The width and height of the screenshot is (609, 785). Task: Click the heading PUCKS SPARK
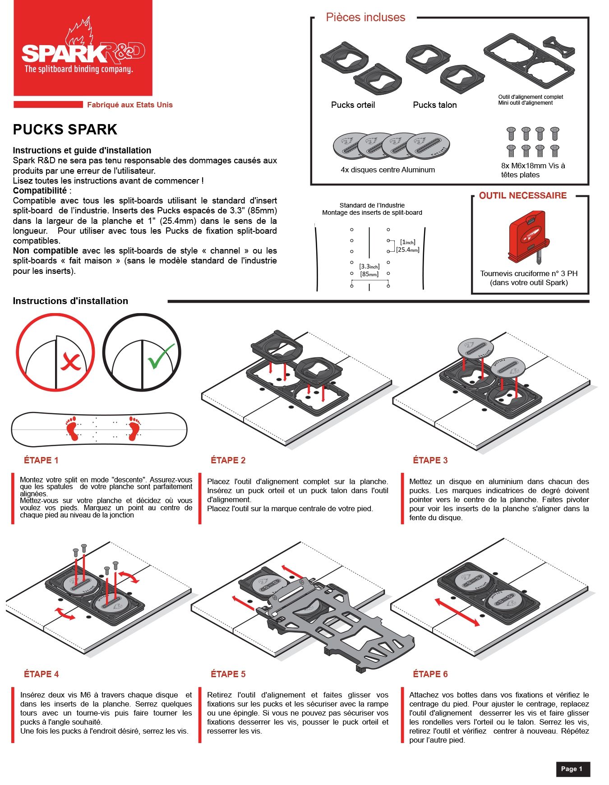pos(65,129)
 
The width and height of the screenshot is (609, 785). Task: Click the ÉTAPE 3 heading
pos(430,460)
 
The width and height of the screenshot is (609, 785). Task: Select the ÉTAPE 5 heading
pos(228,674)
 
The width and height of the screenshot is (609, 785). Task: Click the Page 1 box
pos(572,769)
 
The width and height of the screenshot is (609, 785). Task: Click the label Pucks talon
pos(434,105)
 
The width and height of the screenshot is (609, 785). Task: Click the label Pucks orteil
pos(353,105)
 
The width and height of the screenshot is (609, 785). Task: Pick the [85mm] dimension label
pos(369,274)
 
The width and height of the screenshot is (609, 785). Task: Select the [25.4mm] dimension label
pos(408,250)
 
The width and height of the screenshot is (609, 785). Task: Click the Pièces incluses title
pos(365,18)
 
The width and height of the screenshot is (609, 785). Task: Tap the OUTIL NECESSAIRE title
pos(522,196)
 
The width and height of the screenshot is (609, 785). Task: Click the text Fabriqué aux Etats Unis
pos(129,105)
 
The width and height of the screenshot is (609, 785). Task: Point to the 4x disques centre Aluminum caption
pos(388,170)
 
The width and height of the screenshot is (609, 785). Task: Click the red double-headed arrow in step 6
pos(457,612)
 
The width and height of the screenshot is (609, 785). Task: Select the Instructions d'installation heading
pos(70,301)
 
